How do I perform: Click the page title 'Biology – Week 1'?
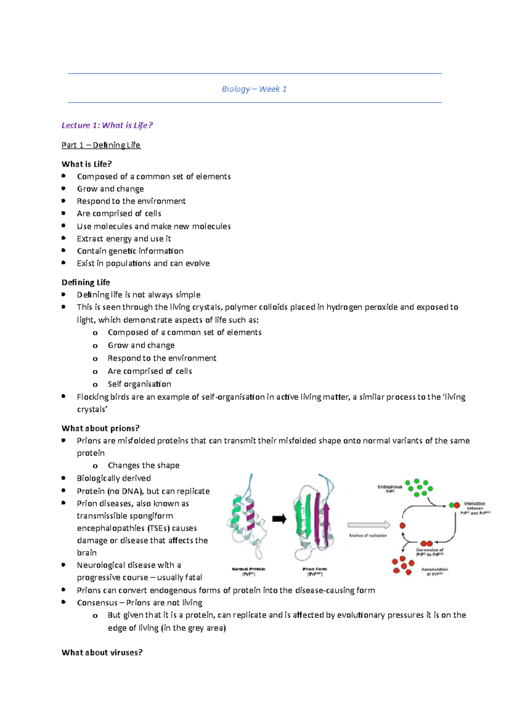point(254,89)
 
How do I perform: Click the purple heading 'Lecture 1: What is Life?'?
point(107,125)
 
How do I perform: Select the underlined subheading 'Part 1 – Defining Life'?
point(101,145)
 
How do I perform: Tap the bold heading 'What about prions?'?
point(101,428)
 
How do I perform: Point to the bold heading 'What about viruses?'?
point(102,653)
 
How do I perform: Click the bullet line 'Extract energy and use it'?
point(124,239)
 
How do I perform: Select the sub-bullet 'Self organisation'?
point(140,384)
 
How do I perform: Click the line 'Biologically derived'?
point(114,478)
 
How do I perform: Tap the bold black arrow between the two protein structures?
point(279,519)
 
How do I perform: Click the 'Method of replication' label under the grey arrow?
point(368,536)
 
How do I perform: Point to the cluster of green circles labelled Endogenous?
point(418,488)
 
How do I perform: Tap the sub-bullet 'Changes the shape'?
point(143,466)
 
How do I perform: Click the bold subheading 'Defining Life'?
point(86,282)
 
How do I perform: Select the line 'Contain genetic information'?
point(130,251)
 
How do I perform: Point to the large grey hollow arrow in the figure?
point(369,525)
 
